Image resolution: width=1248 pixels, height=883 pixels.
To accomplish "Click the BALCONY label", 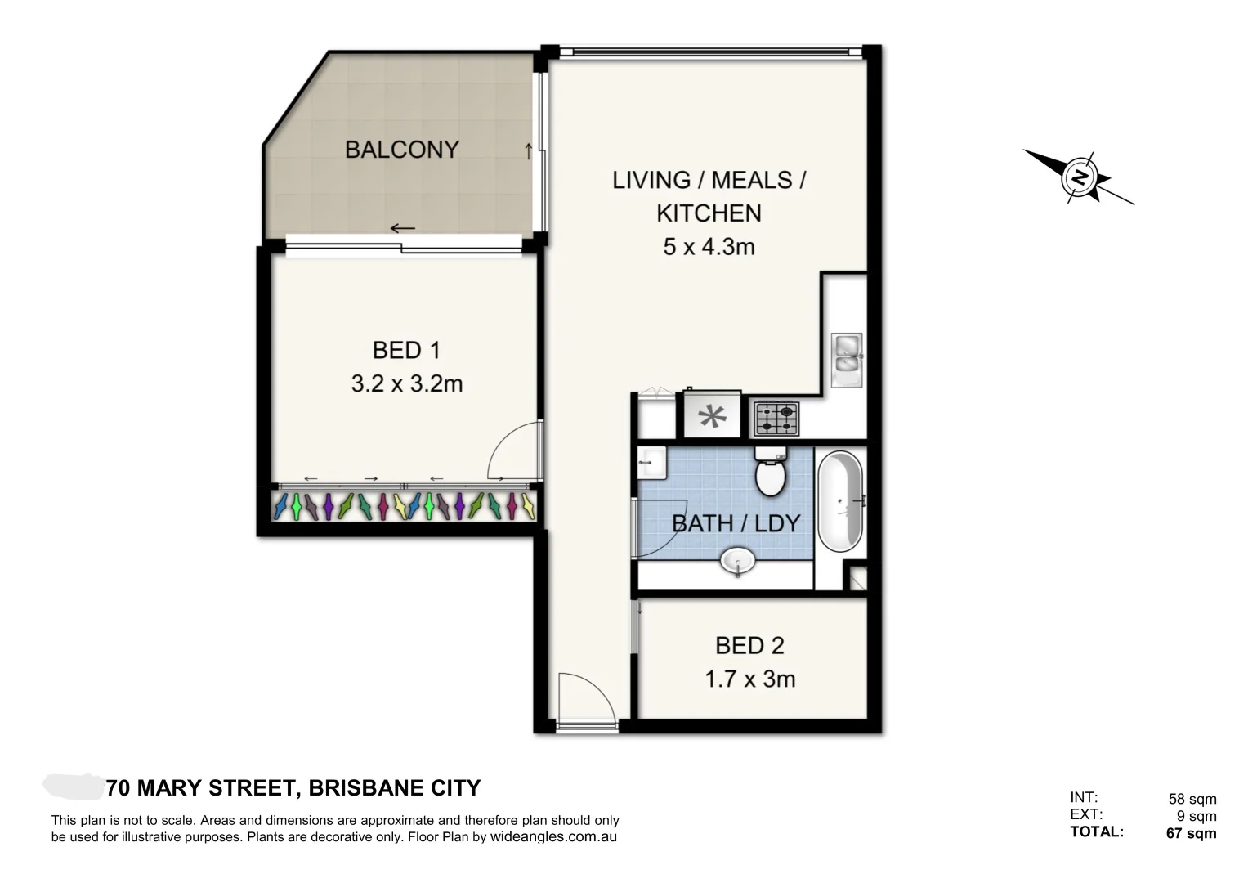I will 401,150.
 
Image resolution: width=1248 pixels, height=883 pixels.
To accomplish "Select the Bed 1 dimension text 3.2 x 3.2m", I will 406,383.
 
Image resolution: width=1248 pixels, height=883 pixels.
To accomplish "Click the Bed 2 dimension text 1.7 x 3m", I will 749,679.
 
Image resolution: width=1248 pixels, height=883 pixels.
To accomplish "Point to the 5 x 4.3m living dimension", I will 709,246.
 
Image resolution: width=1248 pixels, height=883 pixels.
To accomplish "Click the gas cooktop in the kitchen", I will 776,418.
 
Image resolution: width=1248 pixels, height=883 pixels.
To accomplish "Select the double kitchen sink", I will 847,359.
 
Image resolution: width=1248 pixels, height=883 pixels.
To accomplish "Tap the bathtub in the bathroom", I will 840,502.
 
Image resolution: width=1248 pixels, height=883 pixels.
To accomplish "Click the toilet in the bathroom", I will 769,473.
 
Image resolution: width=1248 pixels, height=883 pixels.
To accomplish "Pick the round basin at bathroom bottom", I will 737,562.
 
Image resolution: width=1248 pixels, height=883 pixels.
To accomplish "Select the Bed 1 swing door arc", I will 512,450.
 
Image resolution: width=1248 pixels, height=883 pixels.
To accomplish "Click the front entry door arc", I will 585,698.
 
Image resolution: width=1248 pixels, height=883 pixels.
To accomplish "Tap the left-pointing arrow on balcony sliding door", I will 402,228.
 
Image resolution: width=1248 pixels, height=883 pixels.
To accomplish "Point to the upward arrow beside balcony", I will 528,150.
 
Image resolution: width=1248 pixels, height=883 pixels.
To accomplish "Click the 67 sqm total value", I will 1191,833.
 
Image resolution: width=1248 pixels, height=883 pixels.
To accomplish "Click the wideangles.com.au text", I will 553,837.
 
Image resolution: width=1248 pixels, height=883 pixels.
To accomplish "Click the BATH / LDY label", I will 736,523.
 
